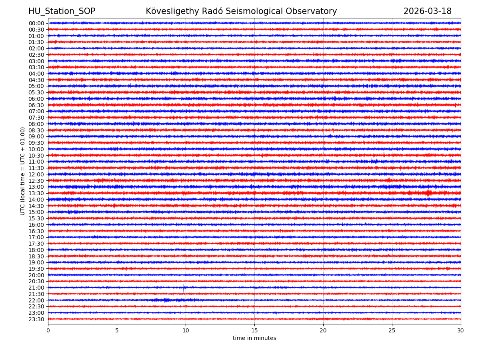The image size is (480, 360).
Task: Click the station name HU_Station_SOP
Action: point(62,11)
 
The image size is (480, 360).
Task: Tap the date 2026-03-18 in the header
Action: point(427,11)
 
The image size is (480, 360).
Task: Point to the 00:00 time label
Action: point(36,23)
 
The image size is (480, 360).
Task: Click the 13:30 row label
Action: point(36,193)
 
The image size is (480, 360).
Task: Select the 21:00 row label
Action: point(36,288)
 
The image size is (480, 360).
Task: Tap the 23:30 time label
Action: point(36,319)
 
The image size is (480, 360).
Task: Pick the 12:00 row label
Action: point(36,174)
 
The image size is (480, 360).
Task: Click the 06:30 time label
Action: point(36,105)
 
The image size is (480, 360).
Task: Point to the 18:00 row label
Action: point(36,250)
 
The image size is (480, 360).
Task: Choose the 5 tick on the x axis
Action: point(117,330)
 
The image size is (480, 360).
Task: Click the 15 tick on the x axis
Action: point(254,330)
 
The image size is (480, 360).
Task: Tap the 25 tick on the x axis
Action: point(392,330)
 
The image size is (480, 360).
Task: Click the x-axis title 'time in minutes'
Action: point(254,338)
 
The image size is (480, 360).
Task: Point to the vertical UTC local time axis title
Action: point(23,171)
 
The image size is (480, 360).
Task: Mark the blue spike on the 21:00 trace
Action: point(184,287)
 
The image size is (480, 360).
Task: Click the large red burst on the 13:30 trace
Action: point(428,193)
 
